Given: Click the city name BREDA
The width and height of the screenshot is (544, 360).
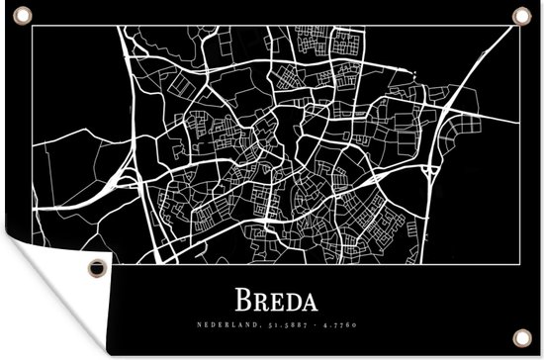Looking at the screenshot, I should tap(272, 298).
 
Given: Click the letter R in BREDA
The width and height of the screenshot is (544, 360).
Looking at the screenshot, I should tap(259, 298).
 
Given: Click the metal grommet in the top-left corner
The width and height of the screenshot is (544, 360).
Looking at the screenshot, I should tap(23, 13).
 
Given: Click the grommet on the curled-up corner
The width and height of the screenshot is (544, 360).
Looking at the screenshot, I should tap(96, 267).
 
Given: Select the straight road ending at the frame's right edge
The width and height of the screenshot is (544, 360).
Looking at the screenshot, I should tap(495, 124).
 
